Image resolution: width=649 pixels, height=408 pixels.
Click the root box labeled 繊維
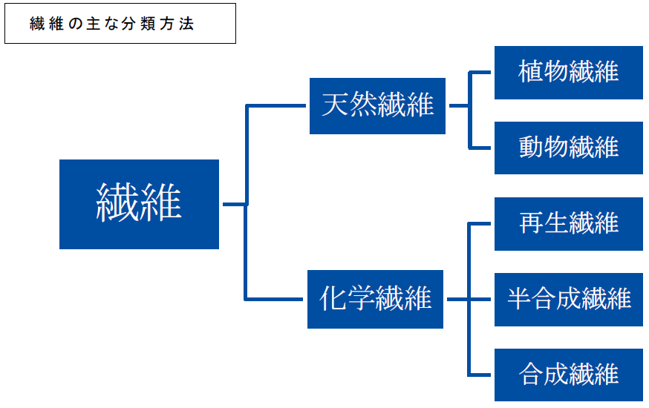pyautogui.click(x=139, y=204)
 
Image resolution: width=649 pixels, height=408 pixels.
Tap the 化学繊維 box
pyautogui.click(x=375, y=300)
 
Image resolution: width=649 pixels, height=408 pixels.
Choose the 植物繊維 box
pyautogui.click(x=568, y=72)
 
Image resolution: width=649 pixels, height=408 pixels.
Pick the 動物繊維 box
pyautogui.click(x=568, y=148)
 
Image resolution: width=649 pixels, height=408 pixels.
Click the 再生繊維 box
pyautogui.click(x=568, y=223)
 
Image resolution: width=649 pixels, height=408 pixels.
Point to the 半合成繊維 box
pyautogui.click(x=568, y=299)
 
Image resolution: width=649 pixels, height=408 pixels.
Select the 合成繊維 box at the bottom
pyautogui.click(x=568, y=375)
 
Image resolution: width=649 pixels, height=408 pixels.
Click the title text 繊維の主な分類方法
pyautogui.click(x=111, y=24)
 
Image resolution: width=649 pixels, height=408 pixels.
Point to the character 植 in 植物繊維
pyautogui.click(x=531, y=72)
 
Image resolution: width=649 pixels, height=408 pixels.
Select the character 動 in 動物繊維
pyautogui.click(x=531, y=148)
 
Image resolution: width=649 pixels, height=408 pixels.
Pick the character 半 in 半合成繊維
pyautogui.click(x=519, y=299)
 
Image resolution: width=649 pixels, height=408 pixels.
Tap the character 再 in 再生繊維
pyautogui.click(x=531, y=223)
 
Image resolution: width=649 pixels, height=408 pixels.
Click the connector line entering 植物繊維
pyautogui.click(x=481, y=73)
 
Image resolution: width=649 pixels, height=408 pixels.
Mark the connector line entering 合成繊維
pyautogui.click(x=481, y=375)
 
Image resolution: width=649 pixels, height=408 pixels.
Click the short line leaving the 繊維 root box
pyautogui.click(x=232, y=204)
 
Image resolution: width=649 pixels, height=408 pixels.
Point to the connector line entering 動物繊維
pyautogui.click(x=481, y=148)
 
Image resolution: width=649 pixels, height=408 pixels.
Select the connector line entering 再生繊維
pyautogui.click(x=481, y=223)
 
